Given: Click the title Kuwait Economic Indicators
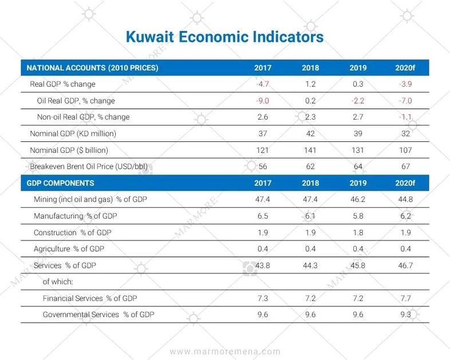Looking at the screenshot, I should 224,37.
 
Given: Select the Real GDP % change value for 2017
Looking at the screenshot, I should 263,84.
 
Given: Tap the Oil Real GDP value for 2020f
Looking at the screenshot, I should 404,101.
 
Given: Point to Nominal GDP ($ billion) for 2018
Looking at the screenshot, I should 310,151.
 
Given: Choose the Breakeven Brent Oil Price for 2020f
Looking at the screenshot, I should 404,167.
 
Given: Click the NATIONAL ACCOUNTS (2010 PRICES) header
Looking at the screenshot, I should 92,68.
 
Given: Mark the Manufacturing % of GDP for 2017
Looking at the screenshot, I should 263,217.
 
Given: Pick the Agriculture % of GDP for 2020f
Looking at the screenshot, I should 404,249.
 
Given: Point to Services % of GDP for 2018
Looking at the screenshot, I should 310,266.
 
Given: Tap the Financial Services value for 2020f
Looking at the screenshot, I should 404,299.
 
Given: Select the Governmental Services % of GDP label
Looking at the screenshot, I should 98,315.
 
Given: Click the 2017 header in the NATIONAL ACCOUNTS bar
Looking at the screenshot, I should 263,68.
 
